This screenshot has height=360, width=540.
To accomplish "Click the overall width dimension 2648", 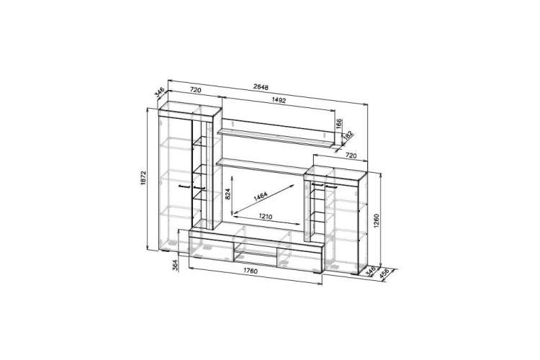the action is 261,87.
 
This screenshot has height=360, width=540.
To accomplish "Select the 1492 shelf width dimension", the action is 279,101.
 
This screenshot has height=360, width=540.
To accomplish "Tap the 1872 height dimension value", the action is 143,178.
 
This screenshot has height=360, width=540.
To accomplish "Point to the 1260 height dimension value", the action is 376,222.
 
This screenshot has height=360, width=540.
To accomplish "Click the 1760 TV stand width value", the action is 251,271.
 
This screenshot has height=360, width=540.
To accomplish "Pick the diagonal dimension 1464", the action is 261,197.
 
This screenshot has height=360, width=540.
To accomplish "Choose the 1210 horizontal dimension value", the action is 265,217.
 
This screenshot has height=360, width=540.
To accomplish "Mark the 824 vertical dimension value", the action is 228,194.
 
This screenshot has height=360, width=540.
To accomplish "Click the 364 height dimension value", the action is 175,265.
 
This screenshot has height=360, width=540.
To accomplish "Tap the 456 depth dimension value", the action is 384,274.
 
